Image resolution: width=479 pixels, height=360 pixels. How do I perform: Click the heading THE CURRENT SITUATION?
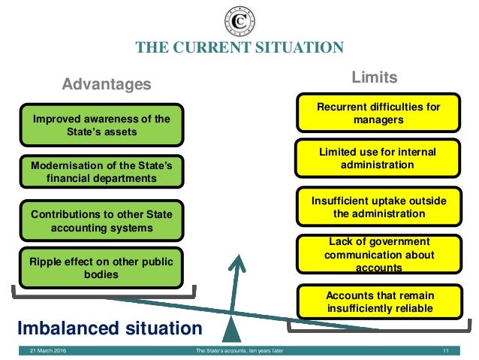point(239,48)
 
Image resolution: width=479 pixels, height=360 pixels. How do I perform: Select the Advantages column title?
point(106,83)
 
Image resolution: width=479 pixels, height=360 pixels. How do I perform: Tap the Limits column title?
point(375,78)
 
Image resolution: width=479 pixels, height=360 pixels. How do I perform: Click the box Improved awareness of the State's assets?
point(101,125)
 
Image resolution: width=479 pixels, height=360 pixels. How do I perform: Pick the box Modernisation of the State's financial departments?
point(101,171)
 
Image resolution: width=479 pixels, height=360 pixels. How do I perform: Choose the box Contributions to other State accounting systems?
point(101,221)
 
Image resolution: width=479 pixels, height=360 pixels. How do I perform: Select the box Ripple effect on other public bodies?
point(101,268)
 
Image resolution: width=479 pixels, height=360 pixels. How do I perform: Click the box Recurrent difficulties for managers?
point(379,113)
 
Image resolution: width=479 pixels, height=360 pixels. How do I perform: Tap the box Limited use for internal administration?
point(379,158)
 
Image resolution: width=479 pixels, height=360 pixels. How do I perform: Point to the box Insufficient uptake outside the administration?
point(379,207)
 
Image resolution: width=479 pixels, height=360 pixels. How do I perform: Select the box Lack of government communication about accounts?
point(379,254)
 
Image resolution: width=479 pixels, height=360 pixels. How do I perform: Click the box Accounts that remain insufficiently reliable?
point(379,301)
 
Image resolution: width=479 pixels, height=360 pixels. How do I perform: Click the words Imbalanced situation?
point(110,328)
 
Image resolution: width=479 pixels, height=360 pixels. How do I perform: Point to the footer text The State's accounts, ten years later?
point(239,351)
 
